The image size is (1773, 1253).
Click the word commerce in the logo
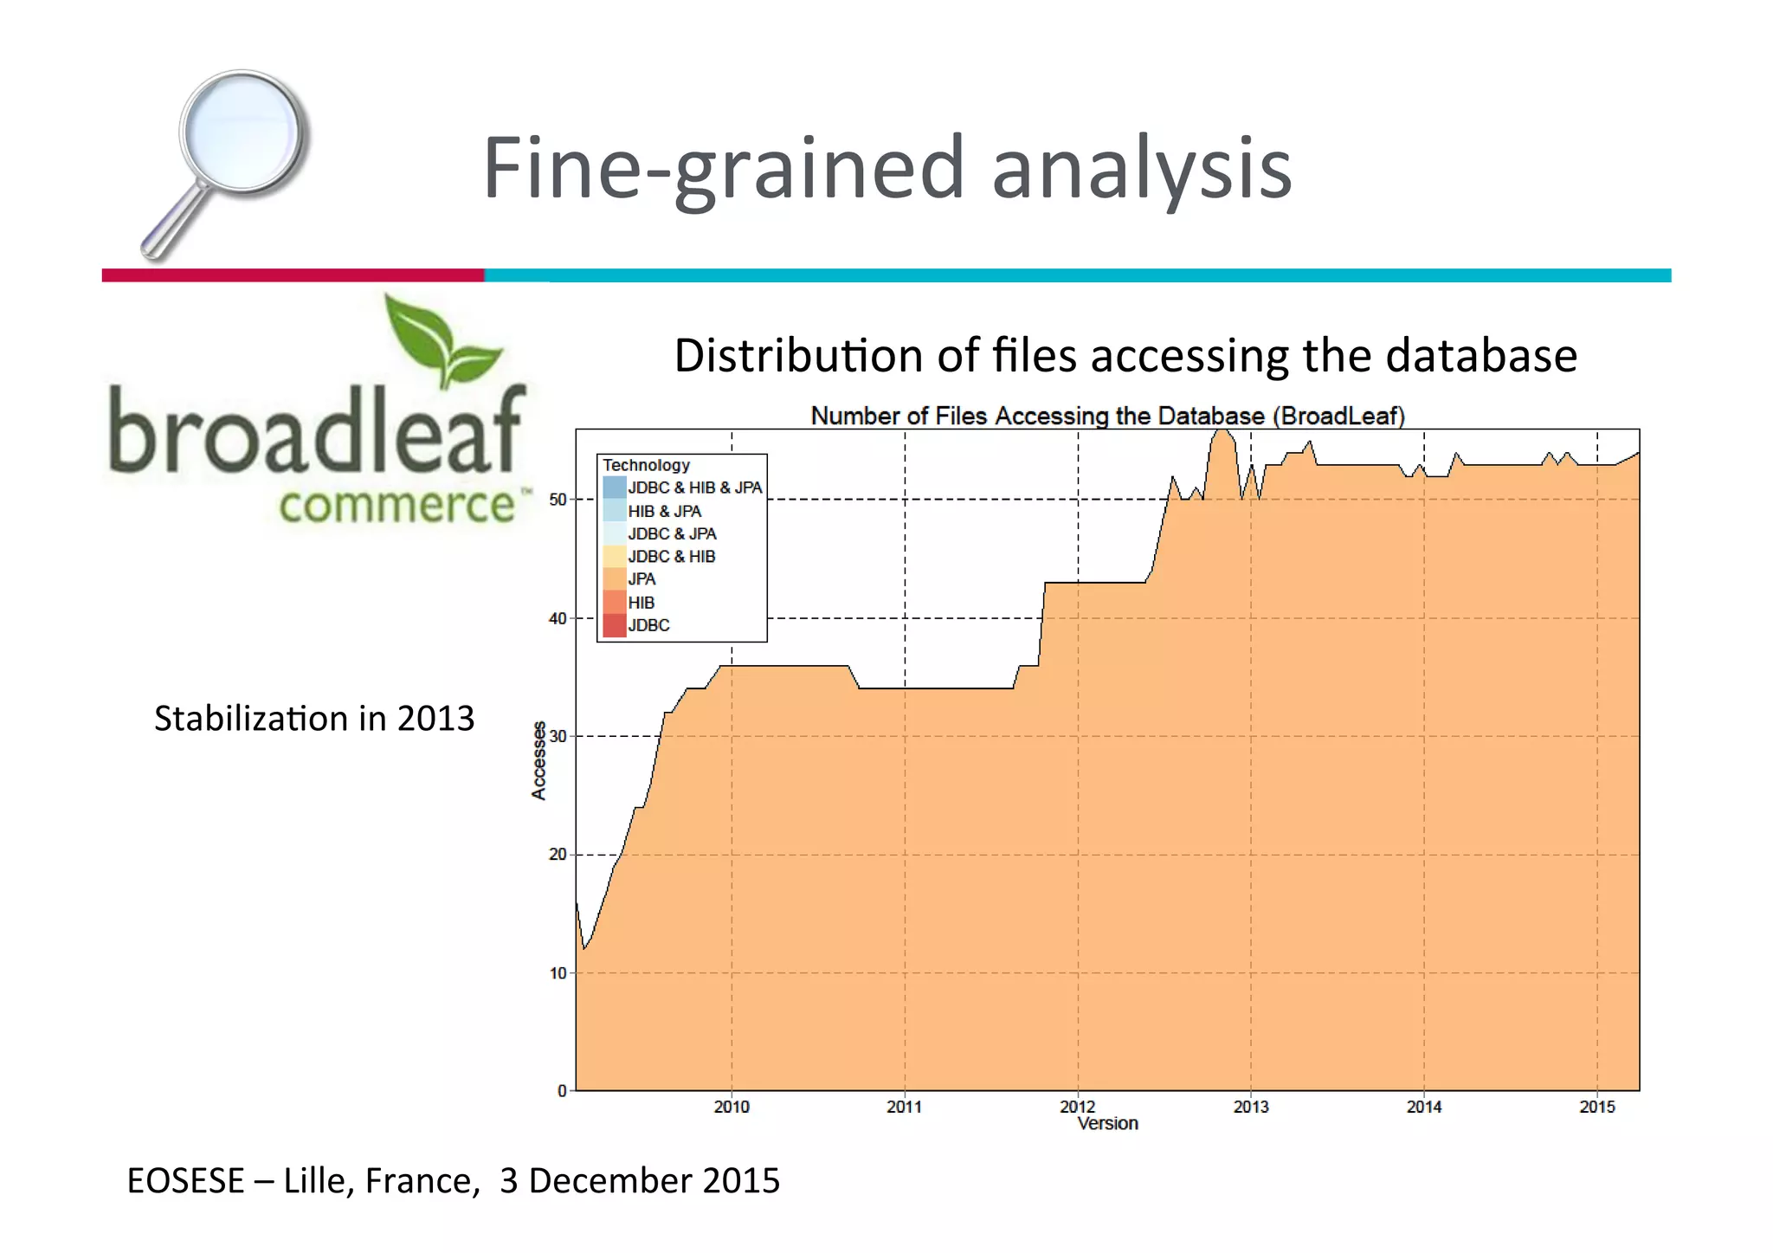pyautogui.click(x=397, y=505)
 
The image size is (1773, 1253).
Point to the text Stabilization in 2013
pyautogui.click(x=314, y=719)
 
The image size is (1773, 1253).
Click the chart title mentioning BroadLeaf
pyautogui.click(x=1107, y=417)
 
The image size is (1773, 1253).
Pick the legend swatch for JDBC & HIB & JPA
pyautogui.click(x=614, y=488)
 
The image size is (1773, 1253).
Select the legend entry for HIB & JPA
pyautogui.click(x=664, y=512)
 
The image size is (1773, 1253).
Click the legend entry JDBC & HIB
pyautogui.click(x=672, y=557)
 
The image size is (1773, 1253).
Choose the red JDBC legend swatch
pyautogui.click(x=614, y=625)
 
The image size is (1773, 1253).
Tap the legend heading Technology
pyautogui.click(x=646, y=465)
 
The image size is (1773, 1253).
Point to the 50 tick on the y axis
pyautogui.click(x=558, y=500)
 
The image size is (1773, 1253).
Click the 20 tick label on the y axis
pyautogui.click(x=558, y=855)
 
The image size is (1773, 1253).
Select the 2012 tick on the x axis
pyautogui.click(x=1078, y=1107)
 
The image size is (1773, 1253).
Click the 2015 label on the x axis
pyautogui.click(x=1597, y=1107)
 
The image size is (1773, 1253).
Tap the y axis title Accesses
pyautogui.click(x=538, y=760)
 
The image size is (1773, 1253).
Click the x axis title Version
pyautogui.click(x=1107, y=1124)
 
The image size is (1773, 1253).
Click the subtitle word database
pyautogui.click(x=1481, y=356)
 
